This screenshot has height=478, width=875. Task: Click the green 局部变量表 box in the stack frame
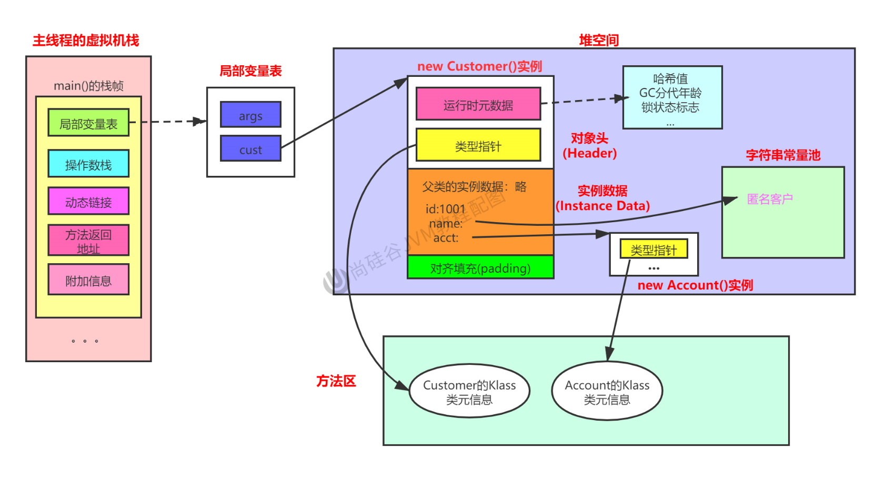coord(89,123)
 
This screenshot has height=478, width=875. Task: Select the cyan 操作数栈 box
coord(89,164)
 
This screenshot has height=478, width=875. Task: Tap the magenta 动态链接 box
coord(89,201)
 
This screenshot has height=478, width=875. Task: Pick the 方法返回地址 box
coord(89,241)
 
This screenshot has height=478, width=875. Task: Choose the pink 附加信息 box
coord(89,280)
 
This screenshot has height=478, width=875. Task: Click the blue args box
coord(251,115)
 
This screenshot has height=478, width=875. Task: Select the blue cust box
coord(251,148)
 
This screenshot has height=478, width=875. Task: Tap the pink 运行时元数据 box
coord(478,104)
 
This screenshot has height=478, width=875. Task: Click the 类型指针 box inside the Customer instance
coord(478,145)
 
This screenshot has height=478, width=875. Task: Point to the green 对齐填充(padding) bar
coord(480,267)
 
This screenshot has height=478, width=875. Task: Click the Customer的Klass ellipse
coord(469,391)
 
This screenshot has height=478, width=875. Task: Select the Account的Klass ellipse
coord(607,391)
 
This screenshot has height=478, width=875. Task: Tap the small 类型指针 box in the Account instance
coord(654,249)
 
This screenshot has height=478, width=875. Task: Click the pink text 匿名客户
coord(770,199)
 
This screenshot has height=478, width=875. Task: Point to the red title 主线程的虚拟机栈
coord(86,41)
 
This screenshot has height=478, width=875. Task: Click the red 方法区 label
coord(336,381)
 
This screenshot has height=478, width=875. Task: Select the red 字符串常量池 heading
coord(783,155)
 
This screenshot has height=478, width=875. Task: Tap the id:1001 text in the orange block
coord(445,209)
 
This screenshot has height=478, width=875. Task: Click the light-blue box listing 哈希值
coord(672,97)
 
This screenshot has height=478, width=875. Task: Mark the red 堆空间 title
coord(599,40)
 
